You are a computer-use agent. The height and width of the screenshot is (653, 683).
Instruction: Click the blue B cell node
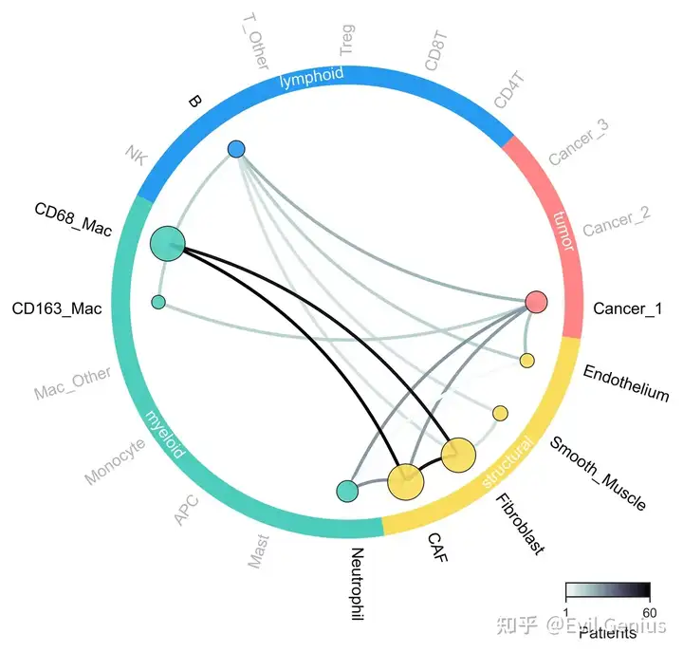coord(236,148)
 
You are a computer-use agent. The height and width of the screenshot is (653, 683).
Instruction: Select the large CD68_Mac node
coord(167,244)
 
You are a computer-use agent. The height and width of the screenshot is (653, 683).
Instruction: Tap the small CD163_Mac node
coord(158,302)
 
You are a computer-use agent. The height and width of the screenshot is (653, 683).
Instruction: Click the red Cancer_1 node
coord(537,302)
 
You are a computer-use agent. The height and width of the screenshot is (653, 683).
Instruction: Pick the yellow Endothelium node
coord(527,360)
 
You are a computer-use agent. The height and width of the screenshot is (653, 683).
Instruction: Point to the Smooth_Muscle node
coord(500,412)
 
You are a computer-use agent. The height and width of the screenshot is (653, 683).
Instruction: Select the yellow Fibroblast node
coord(458,456)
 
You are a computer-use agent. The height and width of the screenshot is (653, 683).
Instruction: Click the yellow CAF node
coord(406,481)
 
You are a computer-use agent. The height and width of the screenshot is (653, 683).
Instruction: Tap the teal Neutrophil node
coord(347,491)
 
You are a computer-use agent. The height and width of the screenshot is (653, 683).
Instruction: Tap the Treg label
coord(346,38)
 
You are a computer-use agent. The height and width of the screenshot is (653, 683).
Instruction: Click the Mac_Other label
coord(73,383)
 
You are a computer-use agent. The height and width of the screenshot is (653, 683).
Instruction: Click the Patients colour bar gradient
coord(607,589)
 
